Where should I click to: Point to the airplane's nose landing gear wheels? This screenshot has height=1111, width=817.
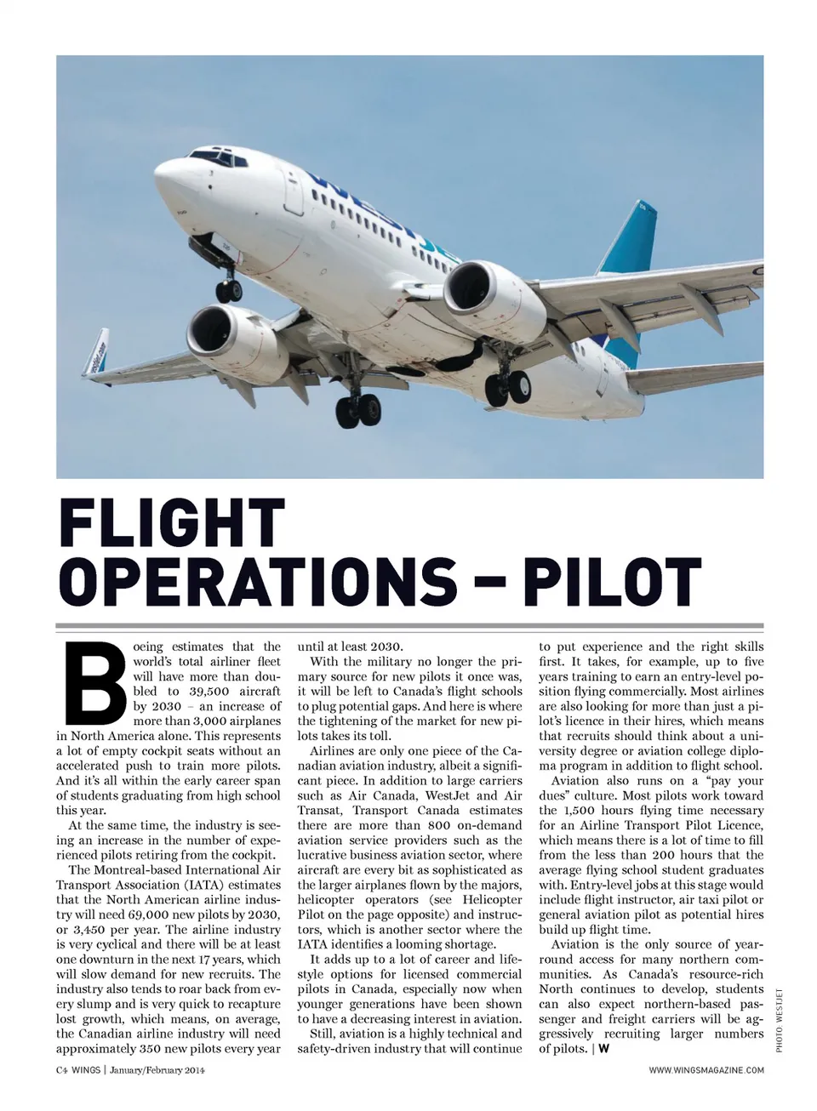click(x=228, y=290)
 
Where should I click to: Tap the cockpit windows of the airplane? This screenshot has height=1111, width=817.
click(x=210, y=156)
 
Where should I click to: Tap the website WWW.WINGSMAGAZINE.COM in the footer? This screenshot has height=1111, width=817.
click(x=706, y=1070)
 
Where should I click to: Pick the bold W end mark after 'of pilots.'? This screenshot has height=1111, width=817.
click(x=603, y=1049)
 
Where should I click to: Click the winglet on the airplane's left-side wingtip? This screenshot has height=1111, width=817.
click(x=94, y=350)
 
